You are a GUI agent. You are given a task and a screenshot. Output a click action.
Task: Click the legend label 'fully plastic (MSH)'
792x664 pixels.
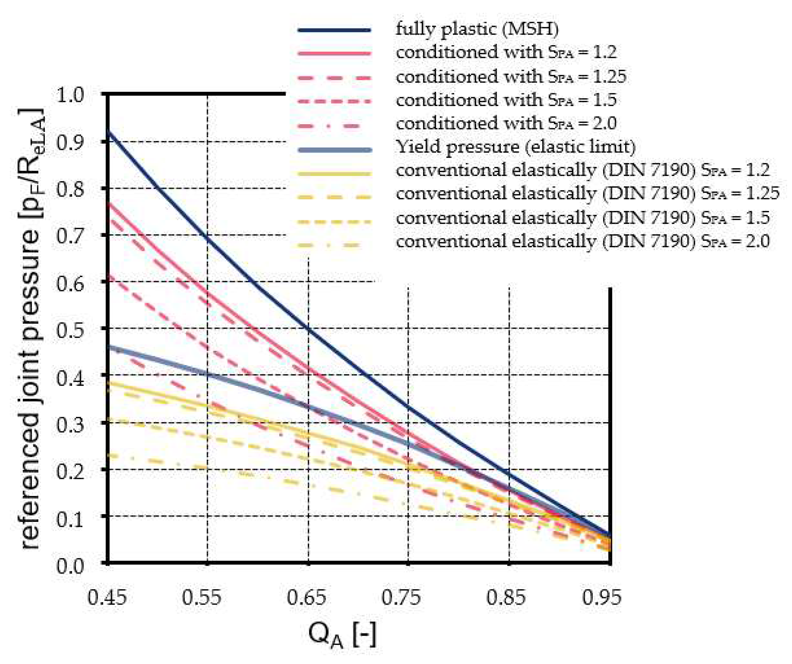477,29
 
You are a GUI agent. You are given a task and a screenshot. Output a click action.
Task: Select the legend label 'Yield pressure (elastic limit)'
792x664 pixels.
516,147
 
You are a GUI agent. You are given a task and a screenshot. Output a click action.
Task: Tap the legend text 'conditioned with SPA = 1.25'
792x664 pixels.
511,77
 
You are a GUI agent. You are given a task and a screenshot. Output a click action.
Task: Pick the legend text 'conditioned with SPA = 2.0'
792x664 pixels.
506,123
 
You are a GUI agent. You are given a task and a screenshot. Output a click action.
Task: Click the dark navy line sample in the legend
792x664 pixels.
334,30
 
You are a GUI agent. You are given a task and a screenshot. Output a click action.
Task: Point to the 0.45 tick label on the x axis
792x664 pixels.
107,598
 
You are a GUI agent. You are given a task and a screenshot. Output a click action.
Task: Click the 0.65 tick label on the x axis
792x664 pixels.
306,598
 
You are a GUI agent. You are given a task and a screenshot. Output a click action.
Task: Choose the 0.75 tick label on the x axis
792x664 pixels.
401,598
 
